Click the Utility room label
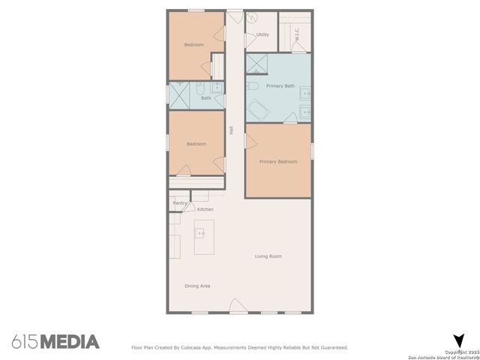[x=262, y=34]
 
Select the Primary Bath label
[x=280, y=86]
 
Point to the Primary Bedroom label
[x=278, y=161]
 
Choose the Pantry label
[x=180, y=202]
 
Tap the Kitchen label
[x=205, y=209]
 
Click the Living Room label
[x=268, y=256]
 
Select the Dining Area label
[x=197, y=286]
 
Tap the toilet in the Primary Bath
[x=253, y=87]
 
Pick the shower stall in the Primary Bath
[x=258, y=64]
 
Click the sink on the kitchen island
[x=201, y=233]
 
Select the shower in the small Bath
[x=179, y=94]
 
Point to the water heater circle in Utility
[x=252, y=21]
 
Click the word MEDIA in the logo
[x=69, y=342]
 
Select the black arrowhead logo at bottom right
[x=458, y=341]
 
